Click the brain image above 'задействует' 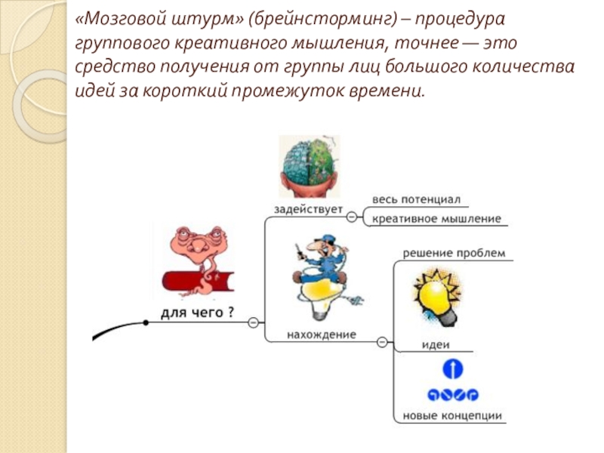310,167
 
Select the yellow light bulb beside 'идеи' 436,298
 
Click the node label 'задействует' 308,208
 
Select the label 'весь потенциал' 415,199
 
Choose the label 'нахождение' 321,334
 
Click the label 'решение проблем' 453,253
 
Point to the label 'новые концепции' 452,415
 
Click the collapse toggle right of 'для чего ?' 253,322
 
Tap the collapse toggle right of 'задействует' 352,217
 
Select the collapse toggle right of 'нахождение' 381,342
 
